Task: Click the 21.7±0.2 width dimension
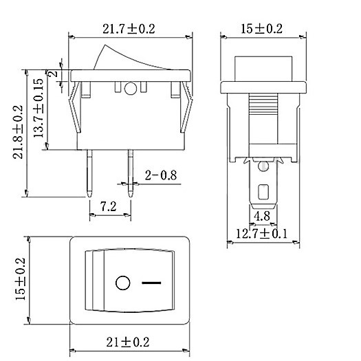(x=130, y=29)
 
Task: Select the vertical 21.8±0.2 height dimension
(x=19, y=131)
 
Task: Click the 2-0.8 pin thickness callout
(x=161, y=176)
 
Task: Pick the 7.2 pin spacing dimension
(x=108, y=206)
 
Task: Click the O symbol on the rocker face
(x=123, y=283)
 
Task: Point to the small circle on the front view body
(x=131, y=88)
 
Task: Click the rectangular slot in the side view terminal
(x=263, y=192)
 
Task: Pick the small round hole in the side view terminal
(x=263, y=166)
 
